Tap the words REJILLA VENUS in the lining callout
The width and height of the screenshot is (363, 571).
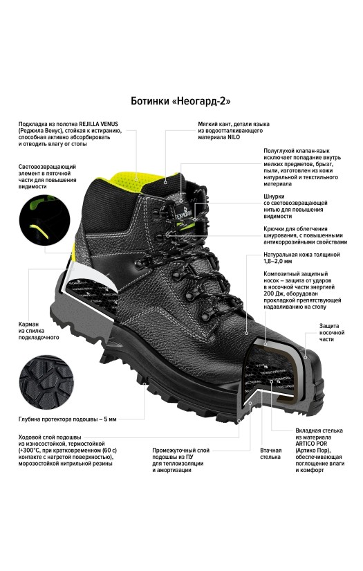99,124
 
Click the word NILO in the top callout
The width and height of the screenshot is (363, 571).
234,137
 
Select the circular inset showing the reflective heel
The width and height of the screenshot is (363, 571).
44,219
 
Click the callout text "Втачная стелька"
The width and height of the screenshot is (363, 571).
270,453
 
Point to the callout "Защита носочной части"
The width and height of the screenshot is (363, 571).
332,332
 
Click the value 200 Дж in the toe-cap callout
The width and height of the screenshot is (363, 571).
272,293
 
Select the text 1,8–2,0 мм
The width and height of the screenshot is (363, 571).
277,261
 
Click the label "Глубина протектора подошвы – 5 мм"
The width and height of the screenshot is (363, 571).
68,419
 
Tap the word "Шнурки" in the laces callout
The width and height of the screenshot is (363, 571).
274,197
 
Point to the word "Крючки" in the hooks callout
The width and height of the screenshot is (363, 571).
274,228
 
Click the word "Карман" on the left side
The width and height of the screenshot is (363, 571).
29,324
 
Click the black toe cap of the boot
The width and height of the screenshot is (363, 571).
312,379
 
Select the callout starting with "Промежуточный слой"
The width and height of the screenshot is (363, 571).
180,460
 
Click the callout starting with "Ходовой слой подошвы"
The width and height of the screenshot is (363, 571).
68,450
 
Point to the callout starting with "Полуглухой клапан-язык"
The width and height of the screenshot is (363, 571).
302,167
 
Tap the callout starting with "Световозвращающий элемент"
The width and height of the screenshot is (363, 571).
47,176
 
